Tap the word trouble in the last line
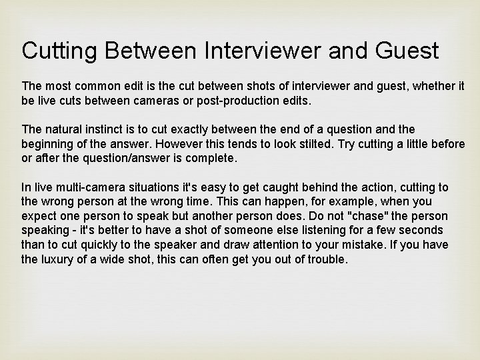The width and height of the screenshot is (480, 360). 327,260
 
